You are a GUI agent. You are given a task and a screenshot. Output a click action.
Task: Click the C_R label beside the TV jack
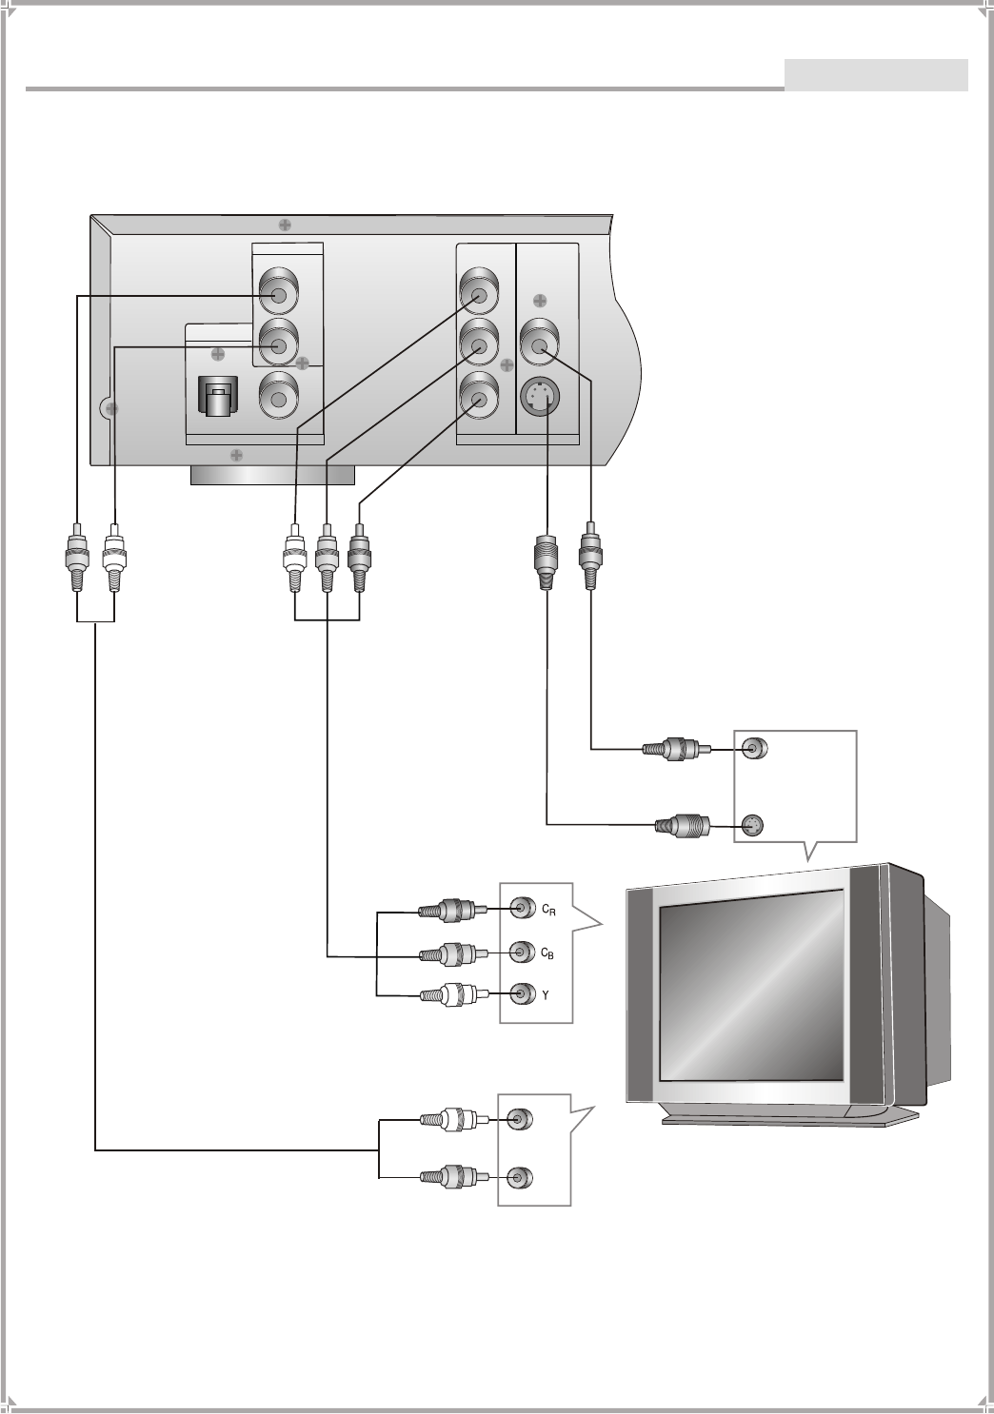pyautogui.click(x=548, y=910)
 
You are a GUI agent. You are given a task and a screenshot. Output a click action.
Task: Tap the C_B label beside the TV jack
pyautogui.click(x=547, y=953)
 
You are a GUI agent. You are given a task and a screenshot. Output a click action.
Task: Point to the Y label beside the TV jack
pyautogui.click(x=545, y=995)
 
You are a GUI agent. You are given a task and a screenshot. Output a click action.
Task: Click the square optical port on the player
pyautogui.click(x=218, y=397)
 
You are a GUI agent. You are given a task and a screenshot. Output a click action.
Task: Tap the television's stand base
pyautogui.click(x=790, y=1119)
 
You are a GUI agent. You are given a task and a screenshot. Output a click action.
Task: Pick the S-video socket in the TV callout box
pyautogui.click(x=751, y=825)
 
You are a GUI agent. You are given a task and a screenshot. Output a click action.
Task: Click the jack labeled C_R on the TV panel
pyautogui.click(x=521, y=909)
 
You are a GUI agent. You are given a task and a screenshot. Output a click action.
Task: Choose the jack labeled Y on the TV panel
pyautogui.click(x=521, y=994)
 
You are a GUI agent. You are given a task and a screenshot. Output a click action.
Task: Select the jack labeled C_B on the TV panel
pyautogui.click(x=521, y=952)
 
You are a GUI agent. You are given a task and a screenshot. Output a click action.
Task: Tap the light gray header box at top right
pyautogui.click(x=876, y=75)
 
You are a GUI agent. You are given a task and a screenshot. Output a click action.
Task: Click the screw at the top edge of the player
pyautogui.click(x=285, y=225)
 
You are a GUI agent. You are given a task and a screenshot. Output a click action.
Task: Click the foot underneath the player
pyautogui.click(x=272, y=476)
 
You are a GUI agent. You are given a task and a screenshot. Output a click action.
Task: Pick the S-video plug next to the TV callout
pyautogui.click(x=684, y=825)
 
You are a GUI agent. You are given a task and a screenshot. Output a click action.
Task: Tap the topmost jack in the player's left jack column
pyautogui.click(x=279, y=295)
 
